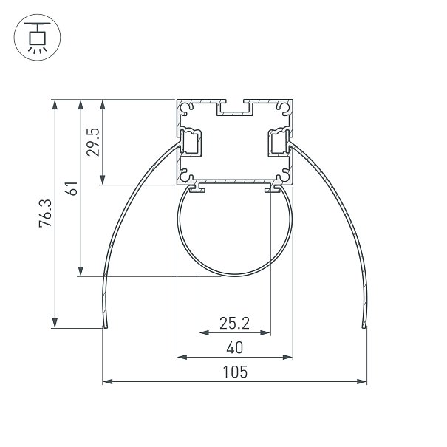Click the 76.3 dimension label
46,214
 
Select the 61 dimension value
71,188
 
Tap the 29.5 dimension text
93,142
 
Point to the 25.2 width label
234,324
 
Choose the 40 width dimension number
235,348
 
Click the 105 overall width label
235,372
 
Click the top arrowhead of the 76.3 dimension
55,105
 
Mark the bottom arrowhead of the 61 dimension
81,271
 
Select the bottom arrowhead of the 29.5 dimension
103,180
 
